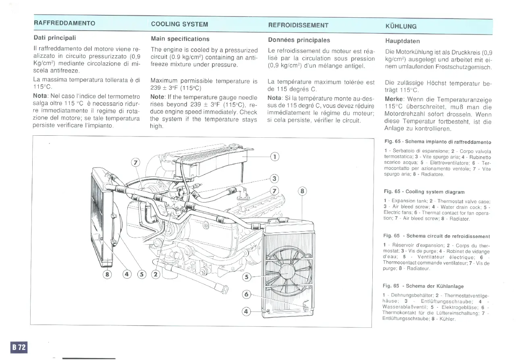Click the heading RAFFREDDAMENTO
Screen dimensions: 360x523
point(64,23)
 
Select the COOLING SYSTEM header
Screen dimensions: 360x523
point(179,24)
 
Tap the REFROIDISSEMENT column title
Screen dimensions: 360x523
point(298,25)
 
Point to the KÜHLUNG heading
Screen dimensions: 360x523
point(401,27)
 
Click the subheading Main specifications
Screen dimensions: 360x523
point(180,39)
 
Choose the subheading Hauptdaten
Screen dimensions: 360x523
point(403,41)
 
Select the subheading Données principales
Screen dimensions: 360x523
point(299,40)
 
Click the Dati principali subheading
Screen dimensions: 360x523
point(54,38)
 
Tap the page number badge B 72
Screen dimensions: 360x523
point(19,347)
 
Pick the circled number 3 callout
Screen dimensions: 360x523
point(274,179)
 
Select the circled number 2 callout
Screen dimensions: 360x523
point(155,275)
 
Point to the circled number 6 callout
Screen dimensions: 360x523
point(247,295)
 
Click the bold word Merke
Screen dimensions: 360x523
point(394,99)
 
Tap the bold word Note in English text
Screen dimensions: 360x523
point(158,97)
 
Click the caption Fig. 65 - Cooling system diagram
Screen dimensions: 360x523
point(424,192)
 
